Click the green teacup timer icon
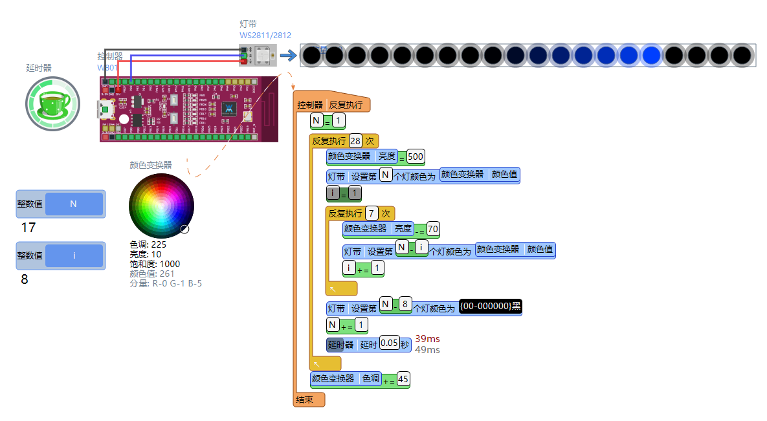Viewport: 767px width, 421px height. [52, 103]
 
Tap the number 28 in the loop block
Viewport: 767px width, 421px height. [355, 141]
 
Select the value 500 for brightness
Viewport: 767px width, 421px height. [416, 157]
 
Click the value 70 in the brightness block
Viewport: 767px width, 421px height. [433, 229]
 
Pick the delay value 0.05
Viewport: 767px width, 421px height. [389, 343]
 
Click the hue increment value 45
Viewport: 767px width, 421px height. [403, 379]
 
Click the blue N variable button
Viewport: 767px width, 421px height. [74, 204]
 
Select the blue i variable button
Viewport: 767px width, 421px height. [74, 255]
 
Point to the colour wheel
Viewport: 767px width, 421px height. [161, 206]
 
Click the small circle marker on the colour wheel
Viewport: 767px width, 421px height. [184, 228]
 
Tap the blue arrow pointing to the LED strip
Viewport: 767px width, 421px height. [287, 56]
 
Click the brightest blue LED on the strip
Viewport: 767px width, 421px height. [650, 56]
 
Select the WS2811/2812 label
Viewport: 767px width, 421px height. [265, 35]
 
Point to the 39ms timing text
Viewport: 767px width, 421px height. [427, 339]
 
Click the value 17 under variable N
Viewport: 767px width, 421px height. [28, 228]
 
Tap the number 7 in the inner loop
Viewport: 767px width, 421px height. [372, 213]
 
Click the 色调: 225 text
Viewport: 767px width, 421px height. [148, 245]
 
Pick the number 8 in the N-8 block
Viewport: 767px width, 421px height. [405, 304]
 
